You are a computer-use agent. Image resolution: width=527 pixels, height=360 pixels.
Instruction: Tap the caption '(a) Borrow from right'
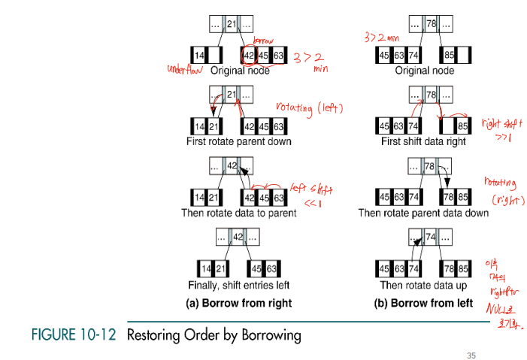point(238,304)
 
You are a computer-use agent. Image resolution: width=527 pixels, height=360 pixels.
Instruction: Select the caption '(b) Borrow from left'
point(424,304)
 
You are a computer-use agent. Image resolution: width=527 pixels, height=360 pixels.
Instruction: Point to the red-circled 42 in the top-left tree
point(249,55)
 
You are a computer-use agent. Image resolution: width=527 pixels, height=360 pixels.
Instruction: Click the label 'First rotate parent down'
point(238,141)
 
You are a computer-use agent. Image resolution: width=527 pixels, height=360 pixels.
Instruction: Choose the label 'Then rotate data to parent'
point(238,213)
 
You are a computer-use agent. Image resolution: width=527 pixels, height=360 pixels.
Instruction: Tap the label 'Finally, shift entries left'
point(238,285)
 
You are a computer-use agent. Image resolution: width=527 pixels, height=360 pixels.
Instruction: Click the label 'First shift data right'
point(424,141)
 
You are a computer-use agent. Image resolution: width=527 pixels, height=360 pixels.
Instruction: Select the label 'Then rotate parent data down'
point(424,213)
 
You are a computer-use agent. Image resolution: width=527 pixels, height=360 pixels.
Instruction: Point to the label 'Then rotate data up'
point(424,285)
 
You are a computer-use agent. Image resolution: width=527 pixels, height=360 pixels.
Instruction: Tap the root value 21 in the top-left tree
point(232,24)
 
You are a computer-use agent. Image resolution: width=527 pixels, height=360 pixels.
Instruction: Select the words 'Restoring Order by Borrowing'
point(214,334)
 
